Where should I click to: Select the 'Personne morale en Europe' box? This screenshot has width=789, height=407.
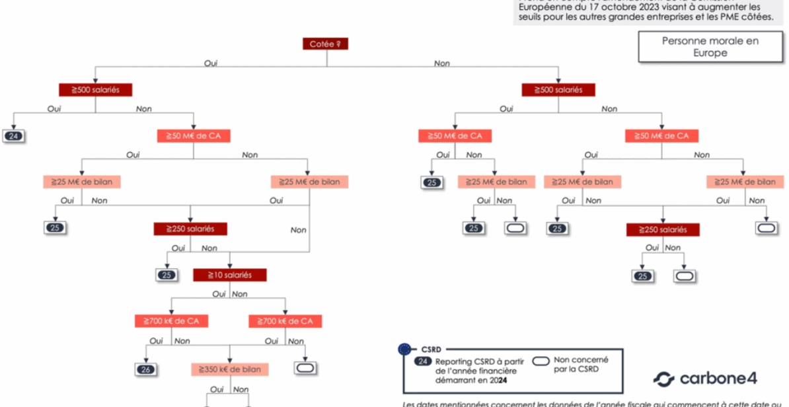pos(710,47)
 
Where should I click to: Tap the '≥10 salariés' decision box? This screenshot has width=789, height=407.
pos(230,275)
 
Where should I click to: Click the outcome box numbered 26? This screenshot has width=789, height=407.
pos(145,369)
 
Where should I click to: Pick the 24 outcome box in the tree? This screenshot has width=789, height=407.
pos(13,136)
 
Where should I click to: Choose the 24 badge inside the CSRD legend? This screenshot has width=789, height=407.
pos(423,361)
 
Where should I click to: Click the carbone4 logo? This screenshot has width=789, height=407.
pos(705,379)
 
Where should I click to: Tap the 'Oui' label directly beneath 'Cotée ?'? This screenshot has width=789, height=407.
pos(210,63)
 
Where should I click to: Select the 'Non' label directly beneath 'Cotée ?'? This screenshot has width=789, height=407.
pos(441,63)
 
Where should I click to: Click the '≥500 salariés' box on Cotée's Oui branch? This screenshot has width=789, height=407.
pos(95,90)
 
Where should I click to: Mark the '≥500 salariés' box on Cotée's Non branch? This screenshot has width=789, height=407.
pos(558,90)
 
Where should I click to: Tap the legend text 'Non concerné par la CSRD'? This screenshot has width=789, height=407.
pos(581,365)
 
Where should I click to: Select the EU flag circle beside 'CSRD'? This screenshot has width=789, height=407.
pos(404,349)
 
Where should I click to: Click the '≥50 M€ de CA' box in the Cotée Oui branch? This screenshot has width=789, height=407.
pos(193,136)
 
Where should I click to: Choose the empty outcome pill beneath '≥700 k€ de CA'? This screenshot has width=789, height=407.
pos(306,368)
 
